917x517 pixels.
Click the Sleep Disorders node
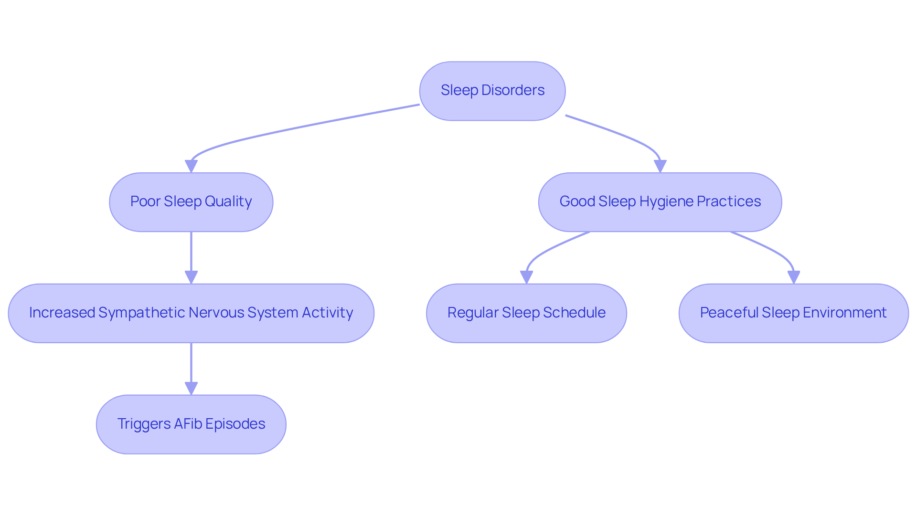point(492,91)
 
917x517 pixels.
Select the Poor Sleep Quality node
point(191,202)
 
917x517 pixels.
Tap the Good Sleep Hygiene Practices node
point(660,202)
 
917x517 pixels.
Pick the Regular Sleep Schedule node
point(526,313)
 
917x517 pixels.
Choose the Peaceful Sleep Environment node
point(793,313)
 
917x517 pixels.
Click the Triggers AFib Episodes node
point(191,424)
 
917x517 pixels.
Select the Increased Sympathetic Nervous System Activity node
point(191,313)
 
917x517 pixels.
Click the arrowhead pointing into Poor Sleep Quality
point(191,166)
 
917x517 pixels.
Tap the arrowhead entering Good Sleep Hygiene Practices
point(660,166)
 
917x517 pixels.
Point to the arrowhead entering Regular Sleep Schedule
point(526,277)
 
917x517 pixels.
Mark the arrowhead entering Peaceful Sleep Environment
point(793,277)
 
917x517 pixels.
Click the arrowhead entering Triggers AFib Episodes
point(191,388)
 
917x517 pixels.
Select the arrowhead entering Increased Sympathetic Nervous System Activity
point(191,277)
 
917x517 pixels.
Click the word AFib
point(188,424)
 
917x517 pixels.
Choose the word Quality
point(228,201)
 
